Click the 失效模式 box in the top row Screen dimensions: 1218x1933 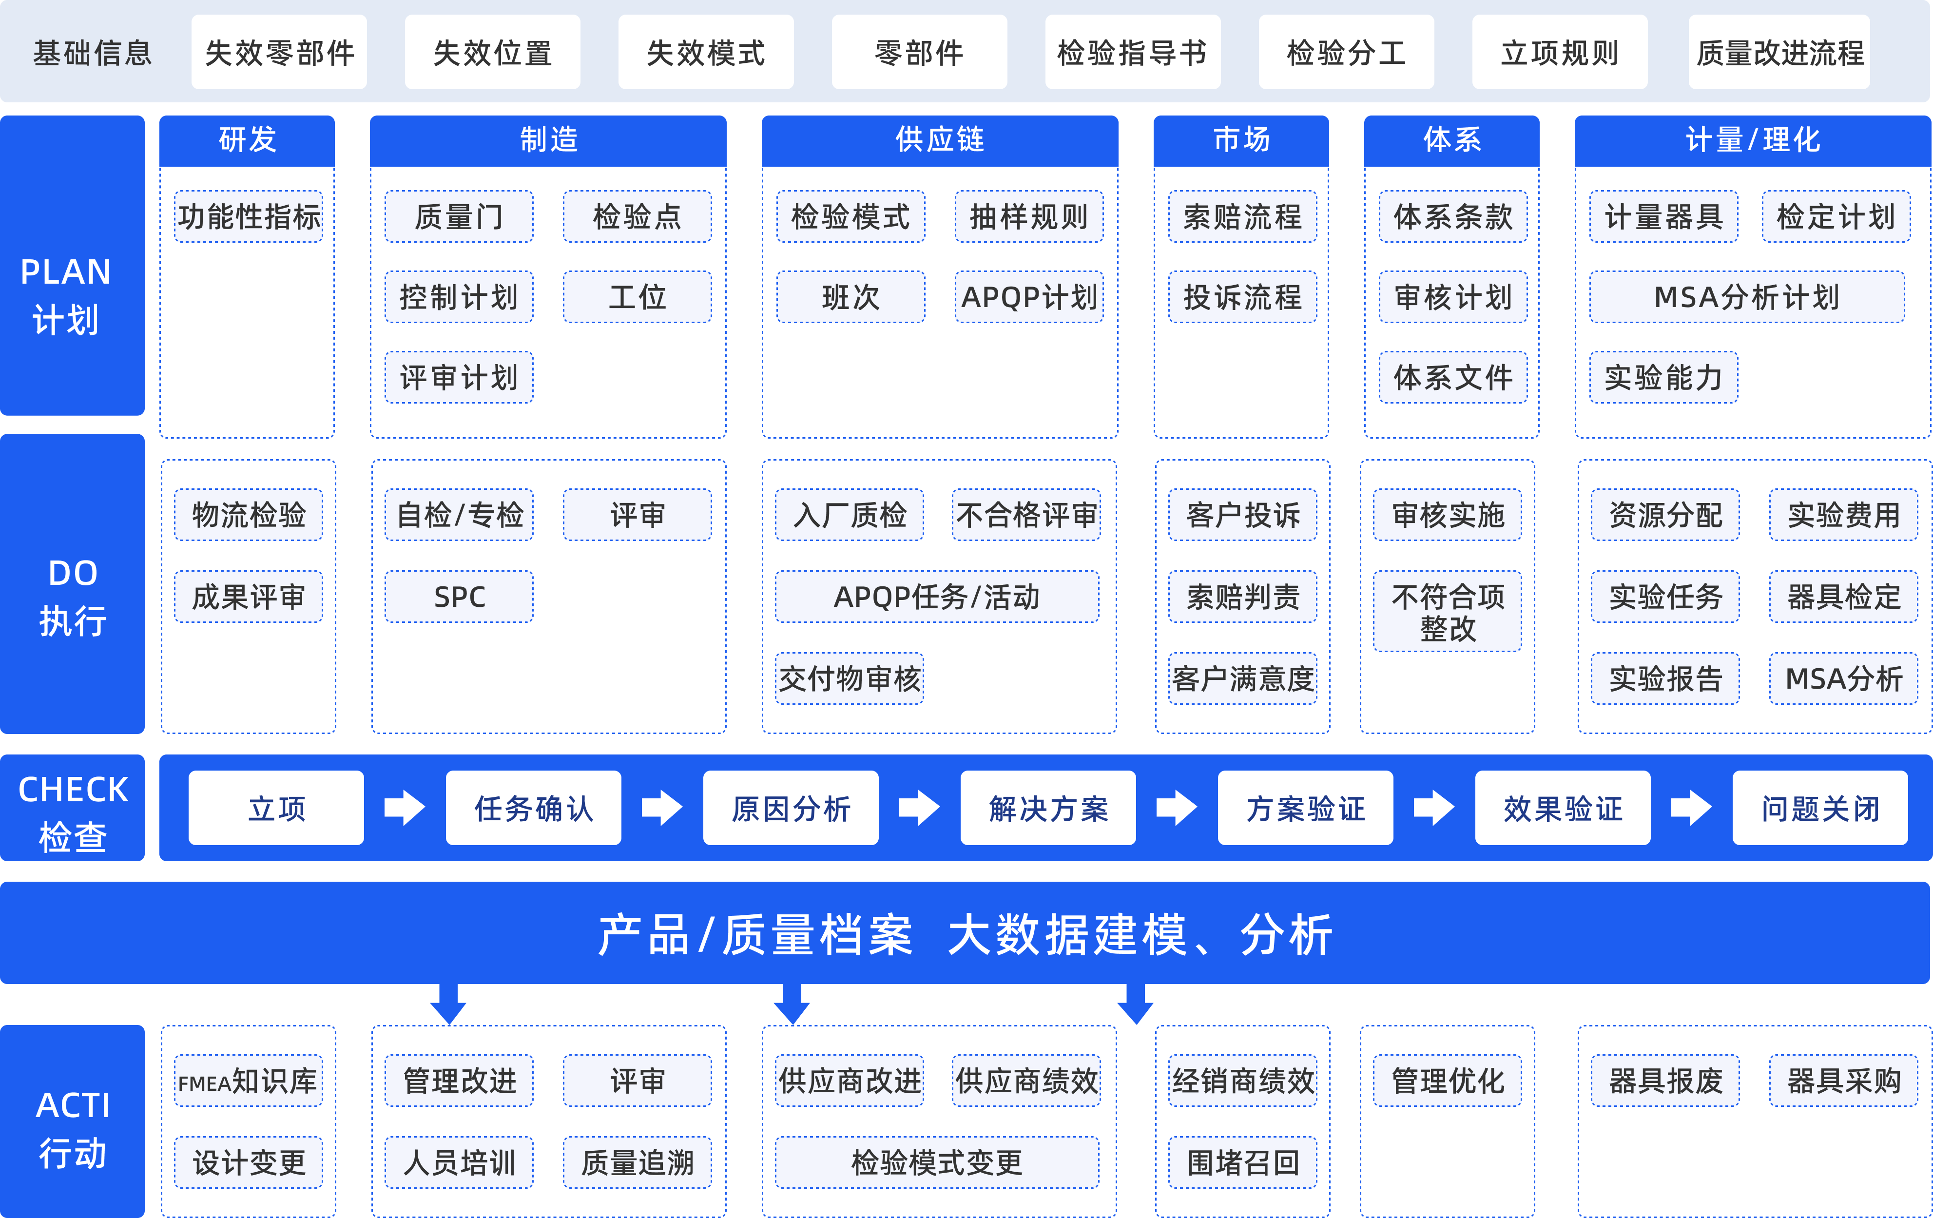[x=706, y=53]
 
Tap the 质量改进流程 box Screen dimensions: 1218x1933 [x=1779, y=53]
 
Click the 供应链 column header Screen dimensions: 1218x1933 [x=939, y=140]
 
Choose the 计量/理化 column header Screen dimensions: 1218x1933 [x=1752, y=140]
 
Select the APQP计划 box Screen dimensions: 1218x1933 [x=1028, y=297]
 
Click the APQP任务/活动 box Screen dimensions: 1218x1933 [x=937, y=597]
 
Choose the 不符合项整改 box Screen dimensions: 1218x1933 [x=1448, y=611]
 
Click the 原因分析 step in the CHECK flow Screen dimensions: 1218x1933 [x=791, y=808]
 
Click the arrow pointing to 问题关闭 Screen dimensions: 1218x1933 [x=1691, y=808]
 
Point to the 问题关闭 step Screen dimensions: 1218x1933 [x=1820, y=808]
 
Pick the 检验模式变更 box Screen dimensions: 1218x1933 [x=937, y=1162]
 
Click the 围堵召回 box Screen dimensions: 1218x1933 [x=1242, y=1162]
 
